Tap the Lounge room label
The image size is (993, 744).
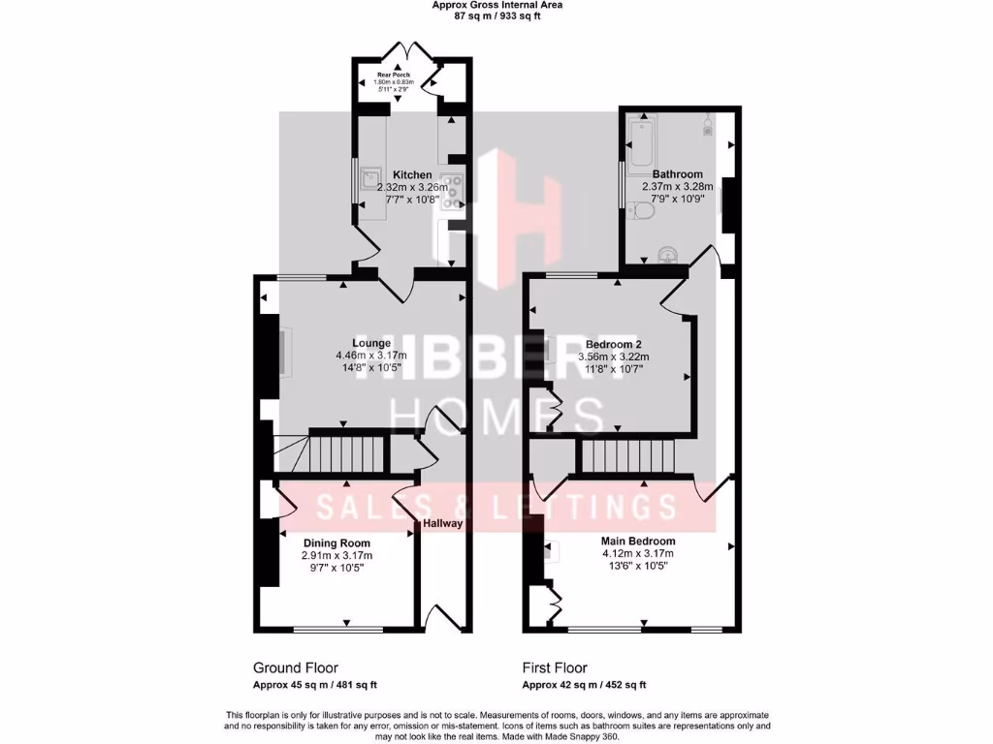(x=371, y=343)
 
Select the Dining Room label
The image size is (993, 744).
(x=336, y=542)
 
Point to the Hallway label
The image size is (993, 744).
(x=442, y=524)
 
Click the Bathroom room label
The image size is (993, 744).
(x=677, y=174)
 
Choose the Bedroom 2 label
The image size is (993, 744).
(x=614, y=344)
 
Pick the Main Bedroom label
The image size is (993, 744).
(x=638, y=542)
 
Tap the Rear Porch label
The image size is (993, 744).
(x=394, y=73)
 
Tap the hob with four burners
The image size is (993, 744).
(x=452, y=192)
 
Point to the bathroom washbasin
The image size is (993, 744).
(x=667, y=255)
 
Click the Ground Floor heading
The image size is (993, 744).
(x=295, y=667)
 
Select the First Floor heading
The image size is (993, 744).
(x=555, y=667)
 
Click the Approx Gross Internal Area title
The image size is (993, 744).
(x=496, y=5)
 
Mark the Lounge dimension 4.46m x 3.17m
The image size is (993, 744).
(x=371, y=356)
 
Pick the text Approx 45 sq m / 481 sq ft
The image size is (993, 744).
(x=314, y=685)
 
